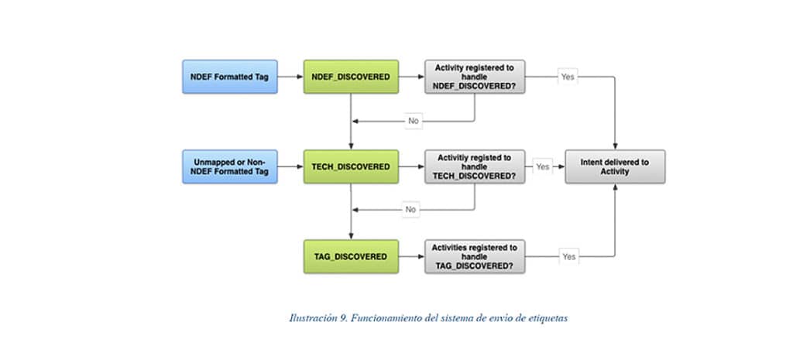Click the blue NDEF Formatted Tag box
[229, 77]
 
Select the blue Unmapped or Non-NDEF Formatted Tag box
[229, 166]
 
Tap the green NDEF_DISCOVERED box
[351, 77]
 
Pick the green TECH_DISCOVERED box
[351, 166]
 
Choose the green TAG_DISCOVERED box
[351, 256]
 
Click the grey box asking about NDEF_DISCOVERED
[474, 77]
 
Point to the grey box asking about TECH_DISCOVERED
[474, 166]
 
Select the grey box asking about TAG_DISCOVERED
[474, 256]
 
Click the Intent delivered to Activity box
[615, 166]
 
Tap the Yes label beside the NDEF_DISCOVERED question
[568, 77]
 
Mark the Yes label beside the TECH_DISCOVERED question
[543, 166]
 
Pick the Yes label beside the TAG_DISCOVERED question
[568, 256]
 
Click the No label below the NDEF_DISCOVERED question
[414, 121]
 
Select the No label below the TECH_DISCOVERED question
[411, 210]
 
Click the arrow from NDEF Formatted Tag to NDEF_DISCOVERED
[290, 77]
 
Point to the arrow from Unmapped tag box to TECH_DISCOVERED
[290, 166]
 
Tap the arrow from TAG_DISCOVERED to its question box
[411, 256]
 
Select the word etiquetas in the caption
[547, 317]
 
